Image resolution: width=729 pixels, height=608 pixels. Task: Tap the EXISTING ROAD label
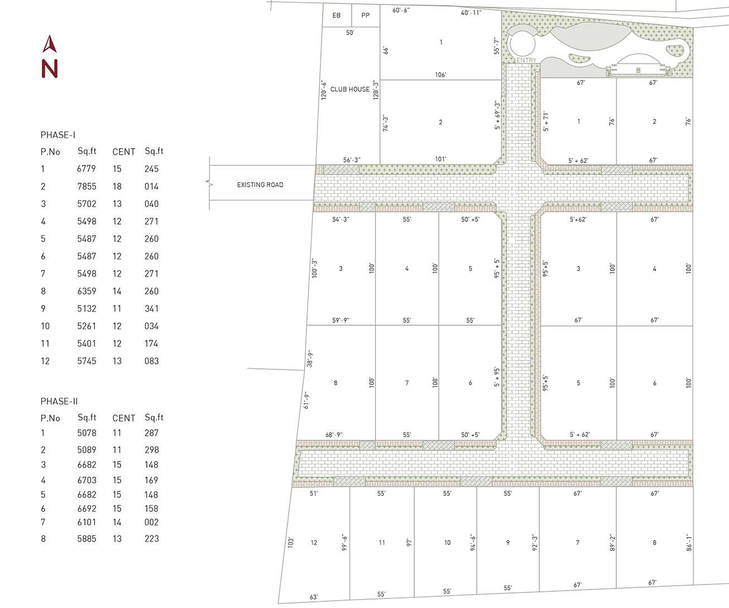pyautogui.click(x=260, y=184)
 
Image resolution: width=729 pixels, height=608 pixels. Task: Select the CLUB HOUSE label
pyautogui.click(x=350, y=89)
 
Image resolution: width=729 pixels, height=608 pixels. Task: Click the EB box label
pyautogui.click(x=336, y=16)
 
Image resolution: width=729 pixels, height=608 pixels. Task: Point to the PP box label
pyautogui.click(x=365, y=16)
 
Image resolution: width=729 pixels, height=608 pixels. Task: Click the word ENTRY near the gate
pyautogui.click(x=526, y=60)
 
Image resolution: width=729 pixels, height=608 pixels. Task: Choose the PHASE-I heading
pyautogui.click(x=58, y=135)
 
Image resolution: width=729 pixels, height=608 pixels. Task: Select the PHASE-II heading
pyautogui.click(x=59, y=401)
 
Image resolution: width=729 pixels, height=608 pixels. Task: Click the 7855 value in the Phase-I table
pyautogui.click(x=87, y=186)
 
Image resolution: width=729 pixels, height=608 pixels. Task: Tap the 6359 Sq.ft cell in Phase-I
pyautogui.click(x=87, y=291)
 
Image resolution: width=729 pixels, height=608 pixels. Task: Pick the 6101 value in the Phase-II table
pyautogui.click(x=87, y=522)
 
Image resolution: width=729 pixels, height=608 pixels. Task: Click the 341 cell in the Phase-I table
pyautogui.click(x=151, y=308)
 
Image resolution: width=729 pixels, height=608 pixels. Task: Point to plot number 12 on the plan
pyautogui.click(x=314, y=543)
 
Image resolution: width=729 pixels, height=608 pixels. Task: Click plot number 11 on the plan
pyautogui.click(x=382, y=543)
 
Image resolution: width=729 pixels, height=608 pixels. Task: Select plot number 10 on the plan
pyautogui.click(x=447, y=543)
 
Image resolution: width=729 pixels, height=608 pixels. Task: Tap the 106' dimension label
pyautogui.click(x=440, y=75)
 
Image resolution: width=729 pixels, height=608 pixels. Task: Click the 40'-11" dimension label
pyautogui.click(x=471, y=13)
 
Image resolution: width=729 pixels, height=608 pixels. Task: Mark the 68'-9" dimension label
pyautogui.click(x=334, y=435)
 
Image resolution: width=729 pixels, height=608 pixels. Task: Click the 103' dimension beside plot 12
pyautogui.click(x=291, y=542)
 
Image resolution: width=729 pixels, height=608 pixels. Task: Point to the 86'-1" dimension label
pyautogui.click(x=689, y=542)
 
